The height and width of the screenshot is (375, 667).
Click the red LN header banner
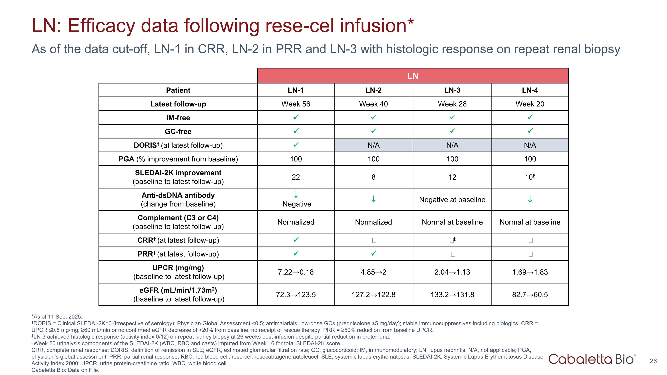[x=412, y=76]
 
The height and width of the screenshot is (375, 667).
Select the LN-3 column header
[x=452, y=90]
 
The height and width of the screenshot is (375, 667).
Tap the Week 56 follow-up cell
[x=296, y=104]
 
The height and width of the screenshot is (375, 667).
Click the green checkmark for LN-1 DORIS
[x=296, y=145]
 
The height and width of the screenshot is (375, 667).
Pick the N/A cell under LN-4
[x=530, y=145]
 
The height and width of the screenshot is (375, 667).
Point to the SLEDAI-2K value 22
[x=296, y=177]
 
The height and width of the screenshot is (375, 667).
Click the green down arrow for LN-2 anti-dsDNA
[x=373, y=199]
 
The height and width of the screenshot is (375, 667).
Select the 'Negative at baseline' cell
[x=452, y=200]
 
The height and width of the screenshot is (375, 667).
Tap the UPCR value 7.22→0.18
[x=296, y=272]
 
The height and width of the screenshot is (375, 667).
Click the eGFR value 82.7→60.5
[x=530, y=295]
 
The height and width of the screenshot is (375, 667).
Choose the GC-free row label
[x=178, y=131]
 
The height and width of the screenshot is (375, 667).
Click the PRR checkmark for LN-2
[x=373, y=253]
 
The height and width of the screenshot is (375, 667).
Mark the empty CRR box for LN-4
[x=530, y=241]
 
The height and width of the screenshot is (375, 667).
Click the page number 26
[x=653, y=361]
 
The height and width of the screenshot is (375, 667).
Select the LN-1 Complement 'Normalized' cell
[x=296, y=222]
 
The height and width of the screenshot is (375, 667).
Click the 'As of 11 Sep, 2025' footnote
[x=57, y=317]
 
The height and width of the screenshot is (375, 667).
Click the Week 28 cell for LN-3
[x=452, y=104]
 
